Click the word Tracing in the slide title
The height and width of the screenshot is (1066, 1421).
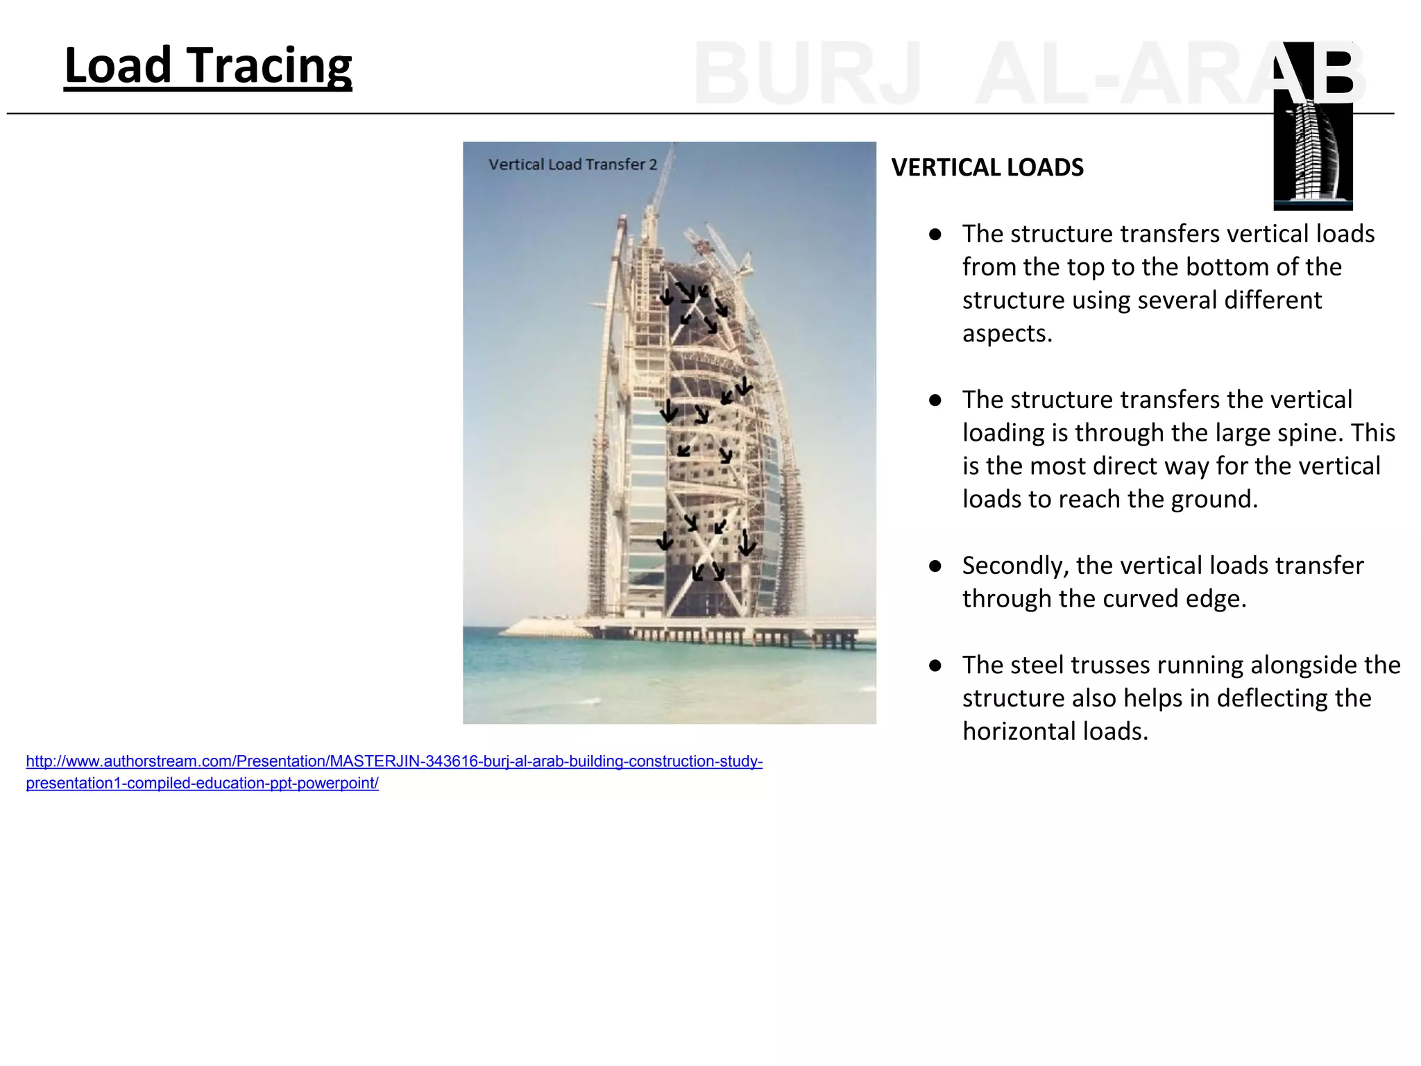click(271, 66)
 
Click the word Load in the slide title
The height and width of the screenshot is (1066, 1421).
click(118, 66)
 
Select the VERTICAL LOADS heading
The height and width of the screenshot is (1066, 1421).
click(987, 168)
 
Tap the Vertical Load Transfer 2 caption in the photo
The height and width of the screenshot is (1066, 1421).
click(572, 164)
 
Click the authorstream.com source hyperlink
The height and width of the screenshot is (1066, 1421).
click(393, 772)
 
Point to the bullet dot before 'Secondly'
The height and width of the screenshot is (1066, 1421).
click(935, 566)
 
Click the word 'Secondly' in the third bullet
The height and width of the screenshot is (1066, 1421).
click(1013, 566)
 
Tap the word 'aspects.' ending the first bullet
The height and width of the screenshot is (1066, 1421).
click(1007, 334)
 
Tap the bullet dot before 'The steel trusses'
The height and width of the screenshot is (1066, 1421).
click(935, 666)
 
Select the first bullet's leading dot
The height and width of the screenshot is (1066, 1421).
click(935, 235)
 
